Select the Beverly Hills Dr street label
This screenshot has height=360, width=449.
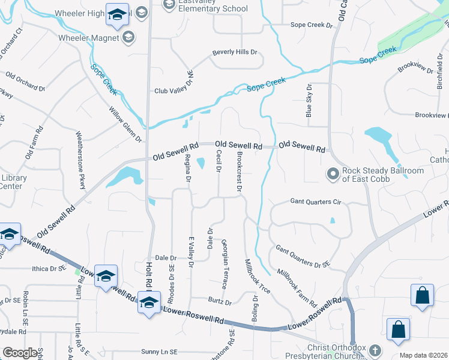[234, 53]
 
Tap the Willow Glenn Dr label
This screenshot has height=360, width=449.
[125, 124]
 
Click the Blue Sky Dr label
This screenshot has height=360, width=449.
[309, 100]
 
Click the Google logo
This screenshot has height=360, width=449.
[20, 352]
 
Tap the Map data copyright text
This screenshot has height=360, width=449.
[422, 355]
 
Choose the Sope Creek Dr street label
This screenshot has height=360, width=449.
[311, 25]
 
